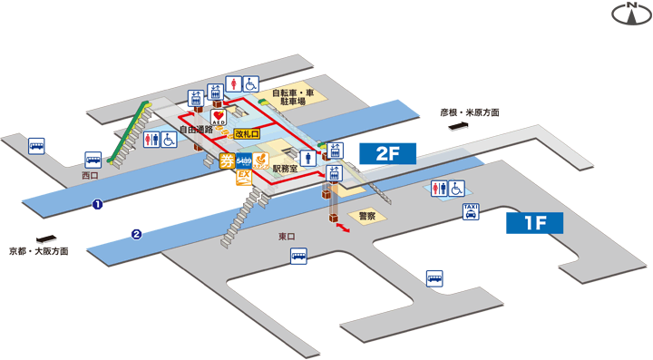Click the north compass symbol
(x=629, y=14)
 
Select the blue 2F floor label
(x=387, y=153)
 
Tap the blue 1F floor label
(x=534, y=222)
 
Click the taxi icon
(x=471, y=212)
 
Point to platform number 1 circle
(x=97, y=204)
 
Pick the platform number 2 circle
(x=136, y=235)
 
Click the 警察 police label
(x=367, y=216)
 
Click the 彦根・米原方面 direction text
(x=470, y=113)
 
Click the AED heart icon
(x=218, y=116)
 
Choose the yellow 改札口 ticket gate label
(x=246, y=134)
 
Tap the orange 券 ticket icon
(x=227, y=162)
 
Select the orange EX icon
(x=243, y=177)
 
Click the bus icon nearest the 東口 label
(x=298, y=258)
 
